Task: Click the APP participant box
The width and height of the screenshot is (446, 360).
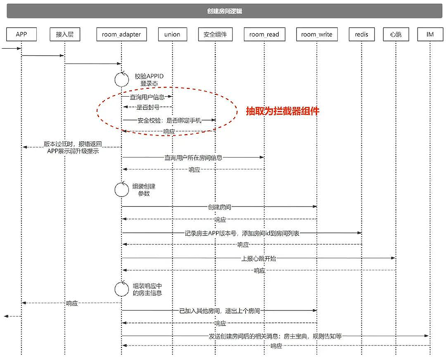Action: pos(21,34)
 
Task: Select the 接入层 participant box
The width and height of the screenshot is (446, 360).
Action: pos(64,34)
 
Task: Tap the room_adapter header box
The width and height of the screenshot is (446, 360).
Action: pos(121,34)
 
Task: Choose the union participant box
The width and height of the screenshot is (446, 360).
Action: pos(172,34)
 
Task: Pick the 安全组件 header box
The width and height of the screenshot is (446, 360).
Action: pos(215,34)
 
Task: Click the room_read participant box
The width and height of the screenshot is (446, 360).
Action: pos(264,34)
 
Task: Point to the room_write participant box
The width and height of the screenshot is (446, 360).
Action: pos(316,34)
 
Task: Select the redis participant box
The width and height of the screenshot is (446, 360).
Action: pos(361,34)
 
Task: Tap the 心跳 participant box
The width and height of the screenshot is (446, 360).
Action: pos(396,34)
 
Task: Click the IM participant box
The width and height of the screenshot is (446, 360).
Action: pos(430,34)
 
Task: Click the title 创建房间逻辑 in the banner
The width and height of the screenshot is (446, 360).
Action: pos(225,11)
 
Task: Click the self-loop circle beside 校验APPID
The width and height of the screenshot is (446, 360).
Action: pos(121,79)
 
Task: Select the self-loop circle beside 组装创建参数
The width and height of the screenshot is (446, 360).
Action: pos(121,189)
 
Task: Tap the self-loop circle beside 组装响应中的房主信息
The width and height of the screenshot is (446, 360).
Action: pos(121,289)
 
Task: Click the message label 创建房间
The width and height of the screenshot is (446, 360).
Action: pos(220,207)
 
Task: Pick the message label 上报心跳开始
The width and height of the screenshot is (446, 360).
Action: pos(259,258)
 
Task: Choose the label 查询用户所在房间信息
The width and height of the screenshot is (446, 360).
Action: pos(193,157)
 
